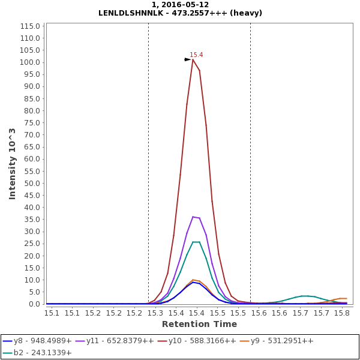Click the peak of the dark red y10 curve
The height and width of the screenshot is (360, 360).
[x=193, y=59]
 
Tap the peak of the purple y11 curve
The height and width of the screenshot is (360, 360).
[x=193, y=217]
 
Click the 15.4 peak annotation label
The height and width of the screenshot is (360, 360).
[x=196, y=55]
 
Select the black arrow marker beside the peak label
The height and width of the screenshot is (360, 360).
[x=187, y=59]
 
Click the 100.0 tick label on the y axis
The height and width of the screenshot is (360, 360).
[x=31, y=62]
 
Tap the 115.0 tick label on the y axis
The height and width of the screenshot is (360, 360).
[x=31, y=26]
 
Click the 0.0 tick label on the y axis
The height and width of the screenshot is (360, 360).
[x=35, y=304]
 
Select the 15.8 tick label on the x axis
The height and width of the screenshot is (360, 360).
[x=341, y=313]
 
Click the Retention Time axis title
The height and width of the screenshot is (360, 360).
[x=199, y=324]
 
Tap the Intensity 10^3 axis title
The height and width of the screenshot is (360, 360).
[x=12, y=163]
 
